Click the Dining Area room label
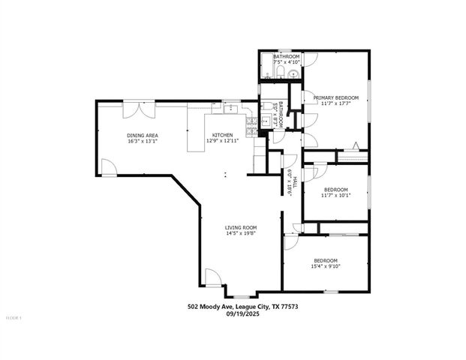(x=142, y=136)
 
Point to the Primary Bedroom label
(x=335, y=97)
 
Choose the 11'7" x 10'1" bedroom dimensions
(x=335, y=195)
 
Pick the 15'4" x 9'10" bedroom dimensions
(x=326, y=266)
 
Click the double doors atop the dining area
(x=139, y=109)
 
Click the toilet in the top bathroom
(x=280, y=73)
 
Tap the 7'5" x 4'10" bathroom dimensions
(x=287, y=62)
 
